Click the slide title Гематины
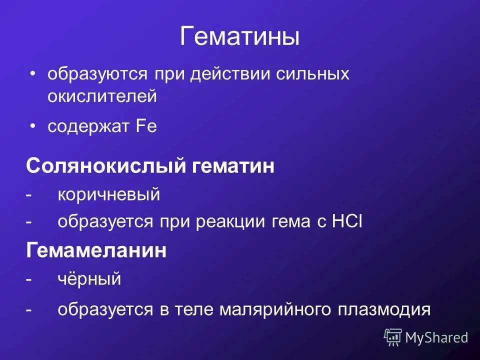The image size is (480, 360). pyautogui.click(x=239, y=38)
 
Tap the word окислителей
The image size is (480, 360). pyautogui.click(x=102, y=96)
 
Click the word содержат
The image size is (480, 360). pyautogui.click(x=88, y=126)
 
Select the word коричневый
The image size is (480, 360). pyautogui.click(x=108, y=195)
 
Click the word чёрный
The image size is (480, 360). pyautogui.click(x=89, y=279)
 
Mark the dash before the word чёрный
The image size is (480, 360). pyautogui.click(x=29, y=279)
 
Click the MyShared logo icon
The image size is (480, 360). pyautogui.click(x=393, y=337)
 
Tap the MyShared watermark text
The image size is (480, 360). pyautogui.click(x=436, y=337)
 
